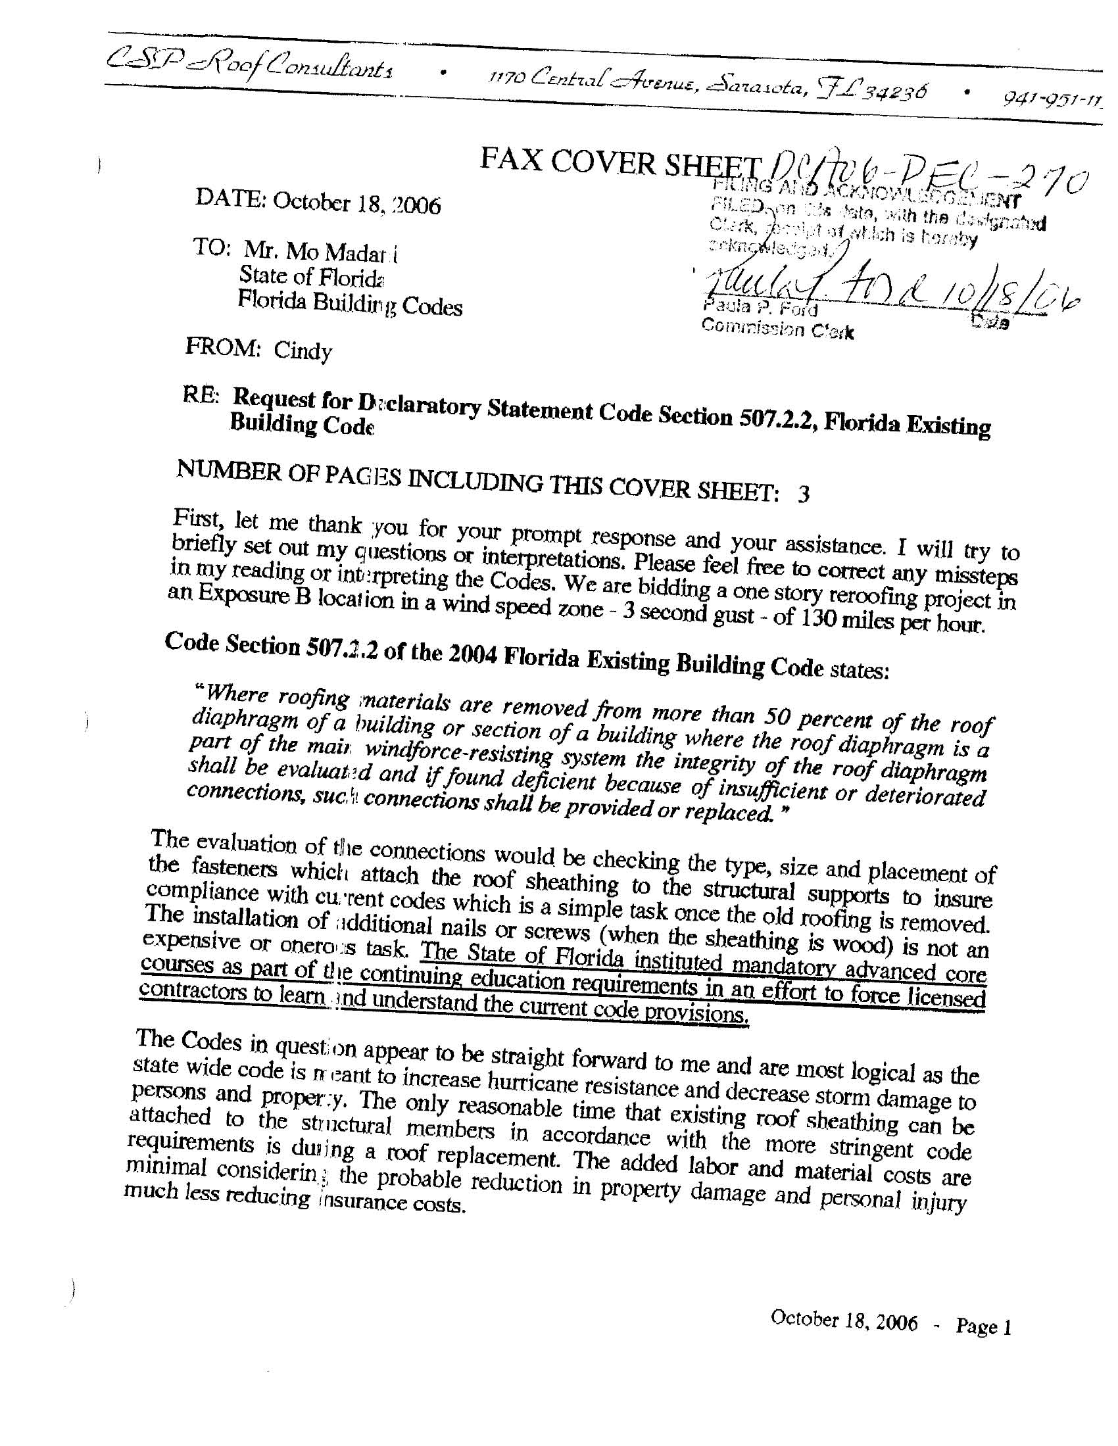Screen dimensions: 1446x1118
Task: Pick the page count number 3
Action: tap(804, 494)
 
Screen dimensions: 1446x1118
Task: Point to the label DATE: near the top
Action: tap(230, 198)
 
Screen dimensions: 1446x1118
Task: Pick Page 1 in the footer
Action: tap(983, 1326)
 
